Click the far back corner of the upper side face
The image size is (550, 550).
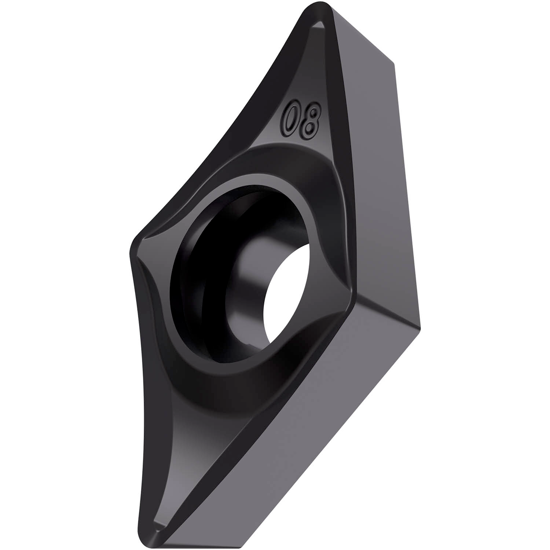[x=394, y=64]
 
